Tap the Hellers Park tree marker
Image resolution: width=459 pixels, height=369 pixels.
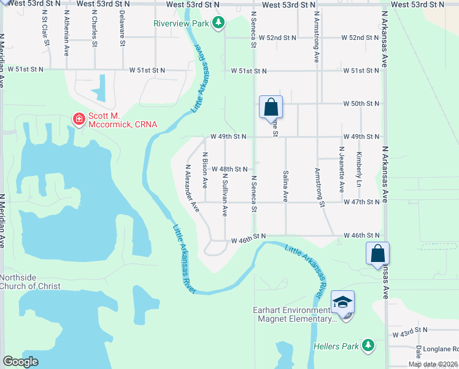pos(368,346)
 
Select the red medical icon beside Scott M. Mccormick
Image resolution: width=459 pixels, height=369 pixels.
pos(79,119)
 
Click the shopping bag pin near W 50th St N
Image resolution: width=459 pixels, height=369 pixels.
pos(271,108)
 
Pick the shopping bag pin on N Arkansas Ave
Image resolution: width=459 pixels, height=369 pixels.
pos(377,253)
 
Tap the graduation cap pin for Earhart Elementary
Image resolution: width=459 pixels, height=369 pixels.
pos(343,302)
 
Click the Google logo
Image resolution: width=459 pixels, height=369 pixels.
pos(20,362)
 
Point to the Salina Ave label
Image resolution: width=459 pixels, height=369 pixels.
pos(285,186)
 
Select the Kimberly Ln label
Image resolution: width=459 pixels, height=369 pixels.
pos(359,169)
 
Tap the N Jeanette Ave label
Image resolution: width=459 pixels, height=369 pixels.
pos(341,169)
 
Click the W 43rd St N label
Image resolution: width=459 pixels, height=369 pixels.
pos(411,331)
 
